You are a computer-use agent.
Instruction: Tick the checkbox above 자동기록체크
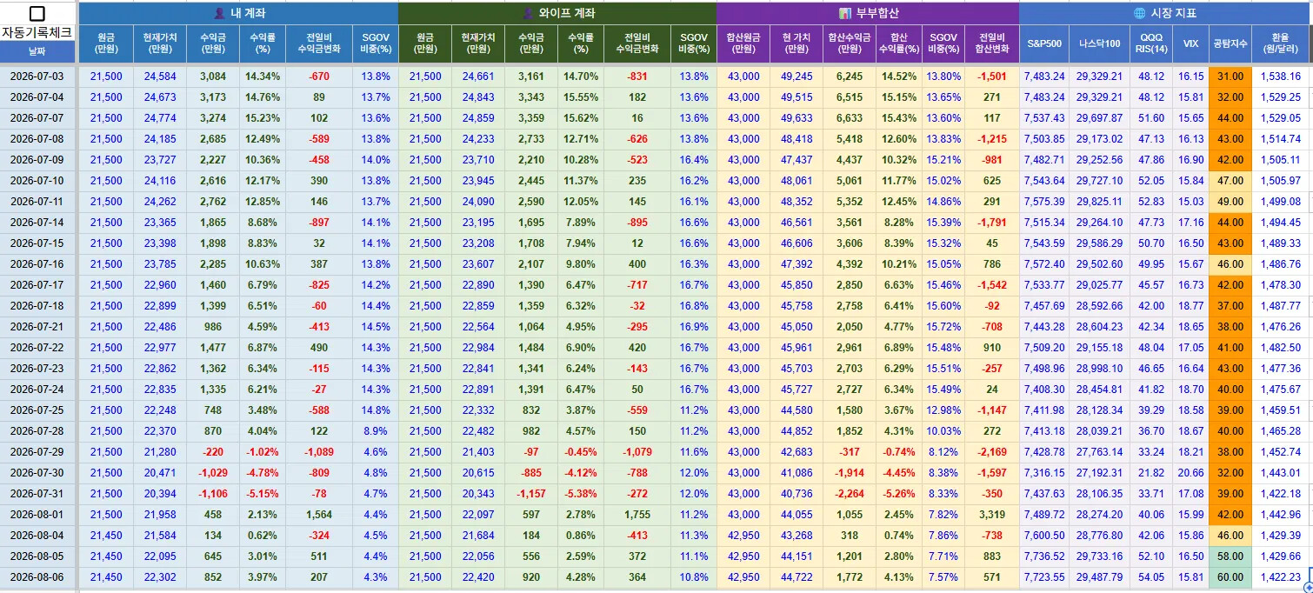[x=37, y=13]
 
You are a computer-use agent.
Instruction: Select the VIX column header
[x=1190, y=43]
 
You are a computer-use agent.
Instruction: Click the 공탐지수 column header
[x=1230, y=43]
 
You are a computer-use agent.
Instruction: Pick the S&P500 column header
[x=1044, y=43]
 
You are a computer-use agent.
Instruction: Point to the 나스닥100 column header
[x=1099, y=43]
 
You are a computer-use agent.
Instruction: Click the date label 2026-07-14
[x=37, y=223]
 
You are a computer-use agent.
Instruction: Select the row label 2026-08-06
[x=37, y=577]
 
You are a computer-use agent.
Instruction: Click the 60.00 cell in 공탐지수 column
[x=1230, y=577]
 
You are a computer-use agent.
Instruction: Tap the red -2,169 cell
[x=992, y=452]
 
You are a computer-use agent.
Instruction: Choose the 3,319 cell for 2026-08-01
[x=992, y=515]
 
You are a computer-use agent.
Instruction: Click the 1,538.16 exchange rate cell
[x=1280, y=77]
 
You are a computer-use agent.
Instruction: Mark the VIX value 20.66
[x=1190, y=473]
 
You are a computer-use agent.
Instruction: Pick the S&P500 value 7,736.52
[x=1044, y=556]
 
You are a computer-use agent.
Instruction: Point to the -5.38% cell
[x=580, y=494]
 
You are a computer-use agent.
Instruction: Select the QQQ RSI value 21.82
[x=1151, y=473]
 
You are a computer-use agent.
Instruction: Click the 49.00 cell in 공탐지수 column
[x=1230, y=202]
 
